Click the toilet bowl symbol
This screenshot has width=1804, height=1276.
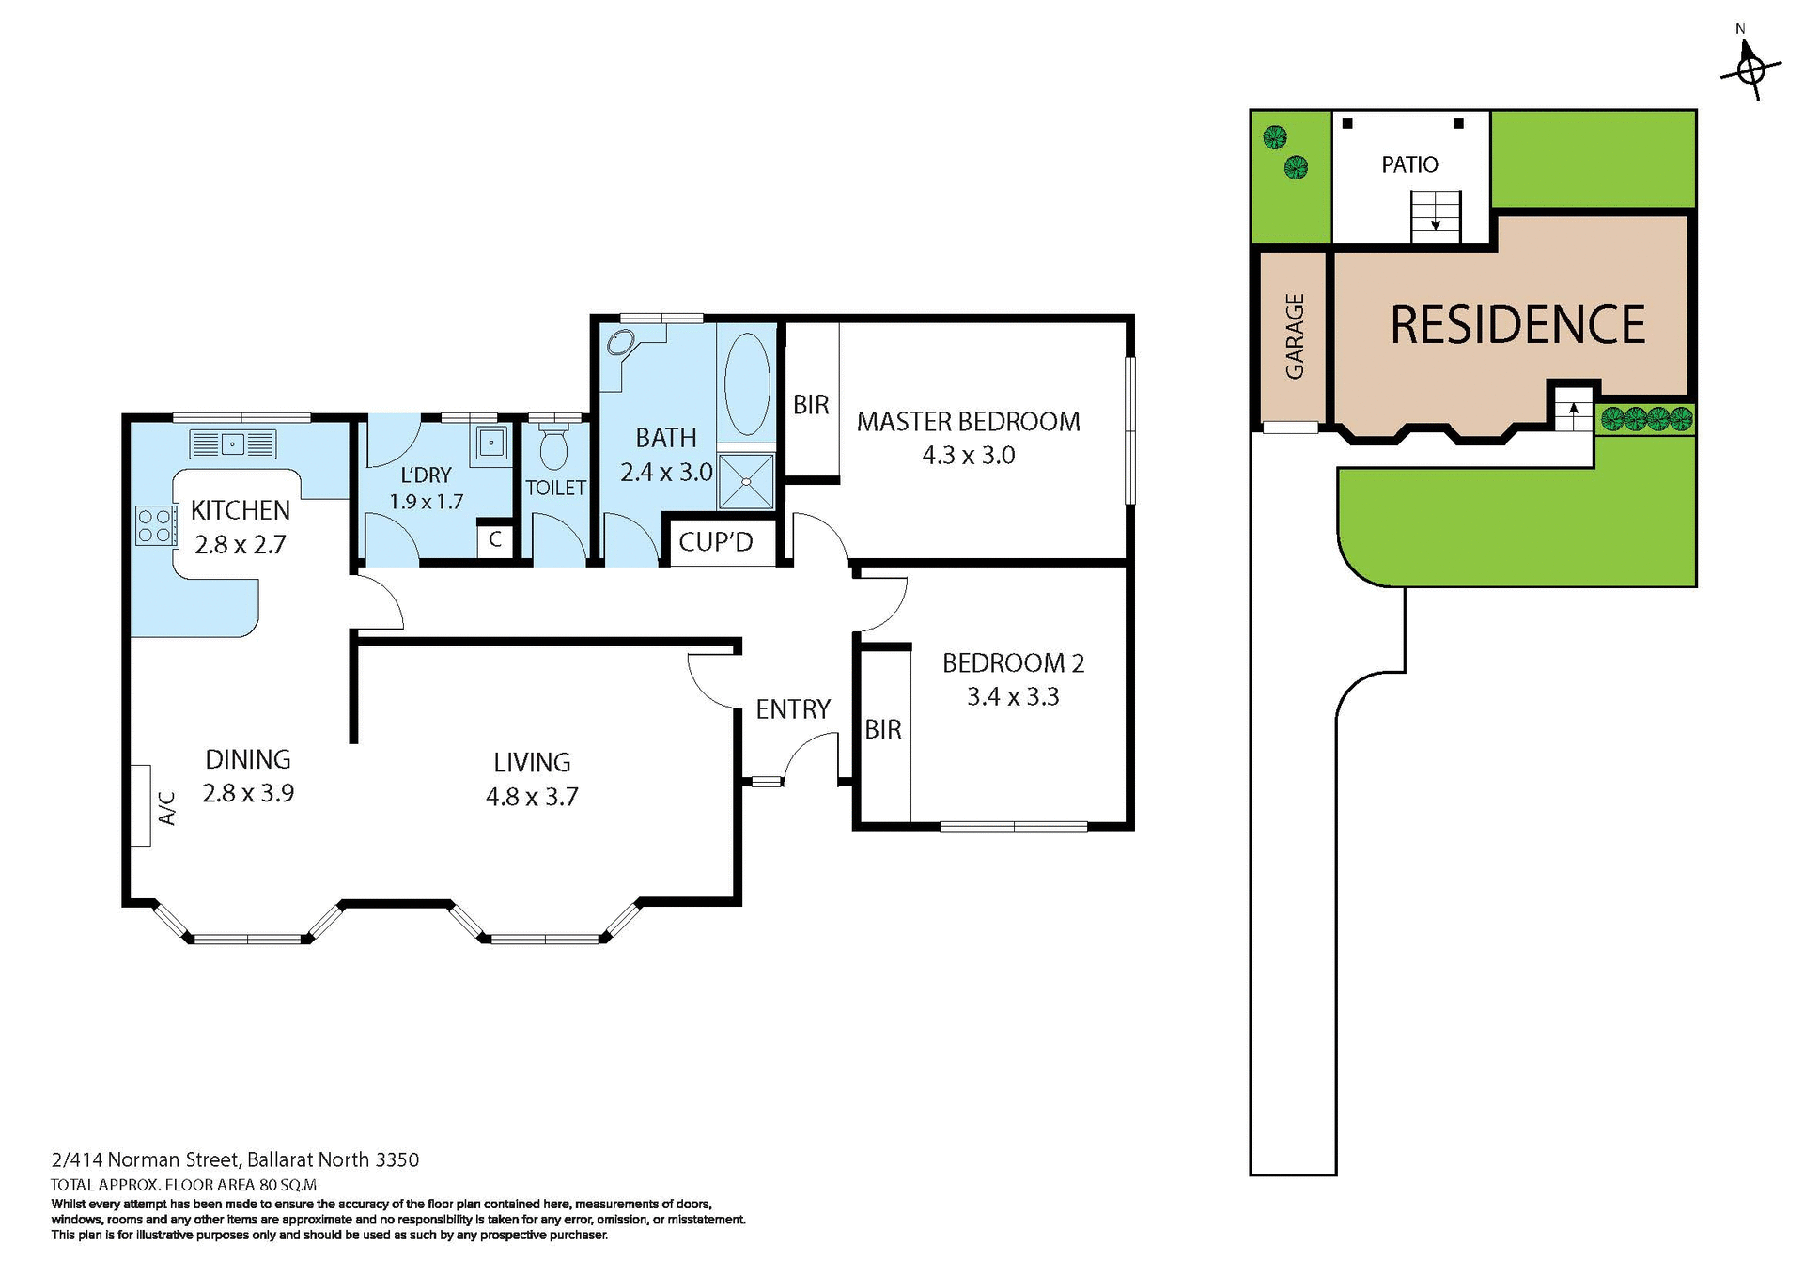[554, 448]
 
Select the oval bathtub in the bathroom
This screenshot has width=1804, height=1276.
[747, 383]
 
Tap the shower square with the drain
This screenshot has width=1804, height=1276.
[746, 481]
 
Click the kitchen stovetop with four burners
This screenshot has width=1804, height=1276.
[157, 525]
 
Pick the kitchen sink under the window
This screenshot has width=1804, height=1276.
[233, 443]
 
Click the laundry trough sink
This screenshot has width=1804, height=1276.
[491, 443]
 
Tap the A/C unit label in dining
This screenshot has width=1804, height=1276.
[165, 807]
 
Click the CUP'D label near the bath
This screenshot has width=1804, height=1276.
[716, 542]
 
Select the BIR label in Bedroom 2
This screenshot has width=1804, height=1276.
[882, 729]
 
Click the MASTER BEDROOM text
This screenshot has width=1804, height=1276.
[968, 421]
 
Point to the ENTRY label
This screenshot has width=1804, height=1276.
[792, 708]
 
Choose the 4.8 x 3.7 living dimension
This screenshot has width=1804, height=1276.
[532, 797]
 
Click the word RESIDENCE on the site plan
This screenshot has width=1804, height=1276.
[1516, 325]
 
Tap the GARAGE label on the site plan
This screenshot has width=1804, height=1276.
[1295, 336]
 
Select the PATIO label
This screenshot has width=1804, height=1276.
[1409, 165]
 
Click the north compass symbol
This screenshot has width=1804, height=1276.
[1750, 69]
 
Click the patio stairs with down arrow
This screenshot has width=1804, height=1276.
[1435, 216]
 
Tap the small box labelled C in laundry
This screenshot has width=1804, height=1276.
[494, 540]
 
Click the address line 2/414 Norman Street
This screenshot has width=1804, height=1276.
[235, 1159]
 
